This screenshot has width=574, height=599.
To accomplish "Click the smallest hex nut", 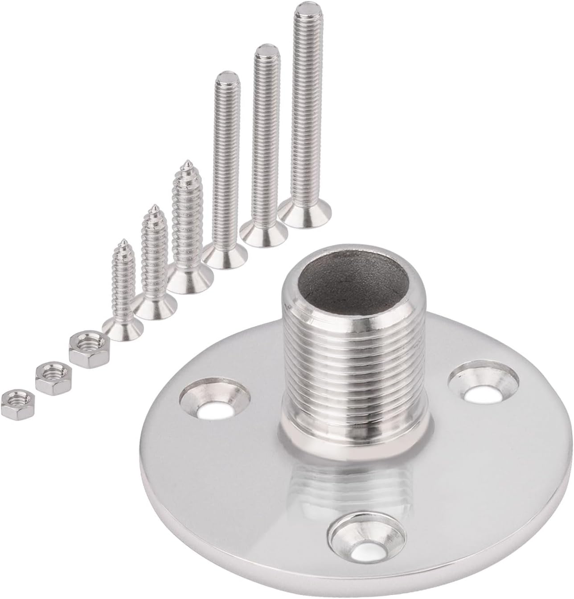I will pos(15,402).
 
